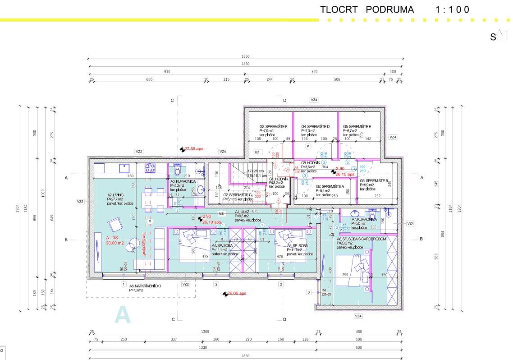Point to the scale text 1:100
click(x=453, y=9)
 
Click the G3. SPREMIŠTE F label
click(x=273, y=127)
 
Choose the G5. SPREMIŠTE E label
click(x=357, y=127)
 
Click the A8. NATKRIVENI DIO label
click(x=145, y=286)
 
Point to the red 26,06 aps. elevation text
click(x=237, y=293)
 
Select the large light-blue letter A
click(x=123, y=315)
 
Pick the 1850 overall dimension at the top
click(x=245, y=56)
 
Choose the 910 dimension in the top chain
click(x=167, y=72)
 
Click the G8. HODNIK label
click(x=311, y=162)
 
